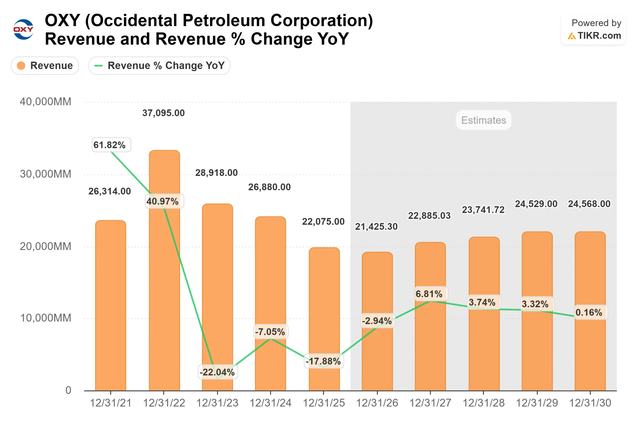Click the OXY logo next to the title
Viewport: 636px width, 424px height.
(23, 29)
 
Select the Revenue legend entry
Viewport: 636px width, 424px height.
(45, 65)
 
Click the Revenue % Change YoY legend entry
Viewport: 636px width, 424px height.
(159, 65)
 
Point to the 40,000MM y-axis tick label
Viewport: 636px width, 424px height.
(45, 102)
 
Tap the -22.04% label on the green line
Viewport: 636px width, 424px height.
(217, 372)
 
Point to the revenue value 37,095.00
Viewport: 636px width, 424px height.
(163, 113)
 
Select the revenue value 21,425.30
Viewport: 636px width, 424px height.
(376, 227)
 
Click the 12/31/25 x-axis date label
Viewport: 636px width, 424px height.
(323, 403)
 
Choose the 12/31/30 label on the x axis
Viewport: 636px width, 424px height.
(590, 403)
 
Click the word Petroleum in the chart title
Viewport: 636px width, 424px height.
(224, 21)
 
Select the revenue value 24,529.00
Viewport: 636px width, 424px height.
(536, 204)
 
